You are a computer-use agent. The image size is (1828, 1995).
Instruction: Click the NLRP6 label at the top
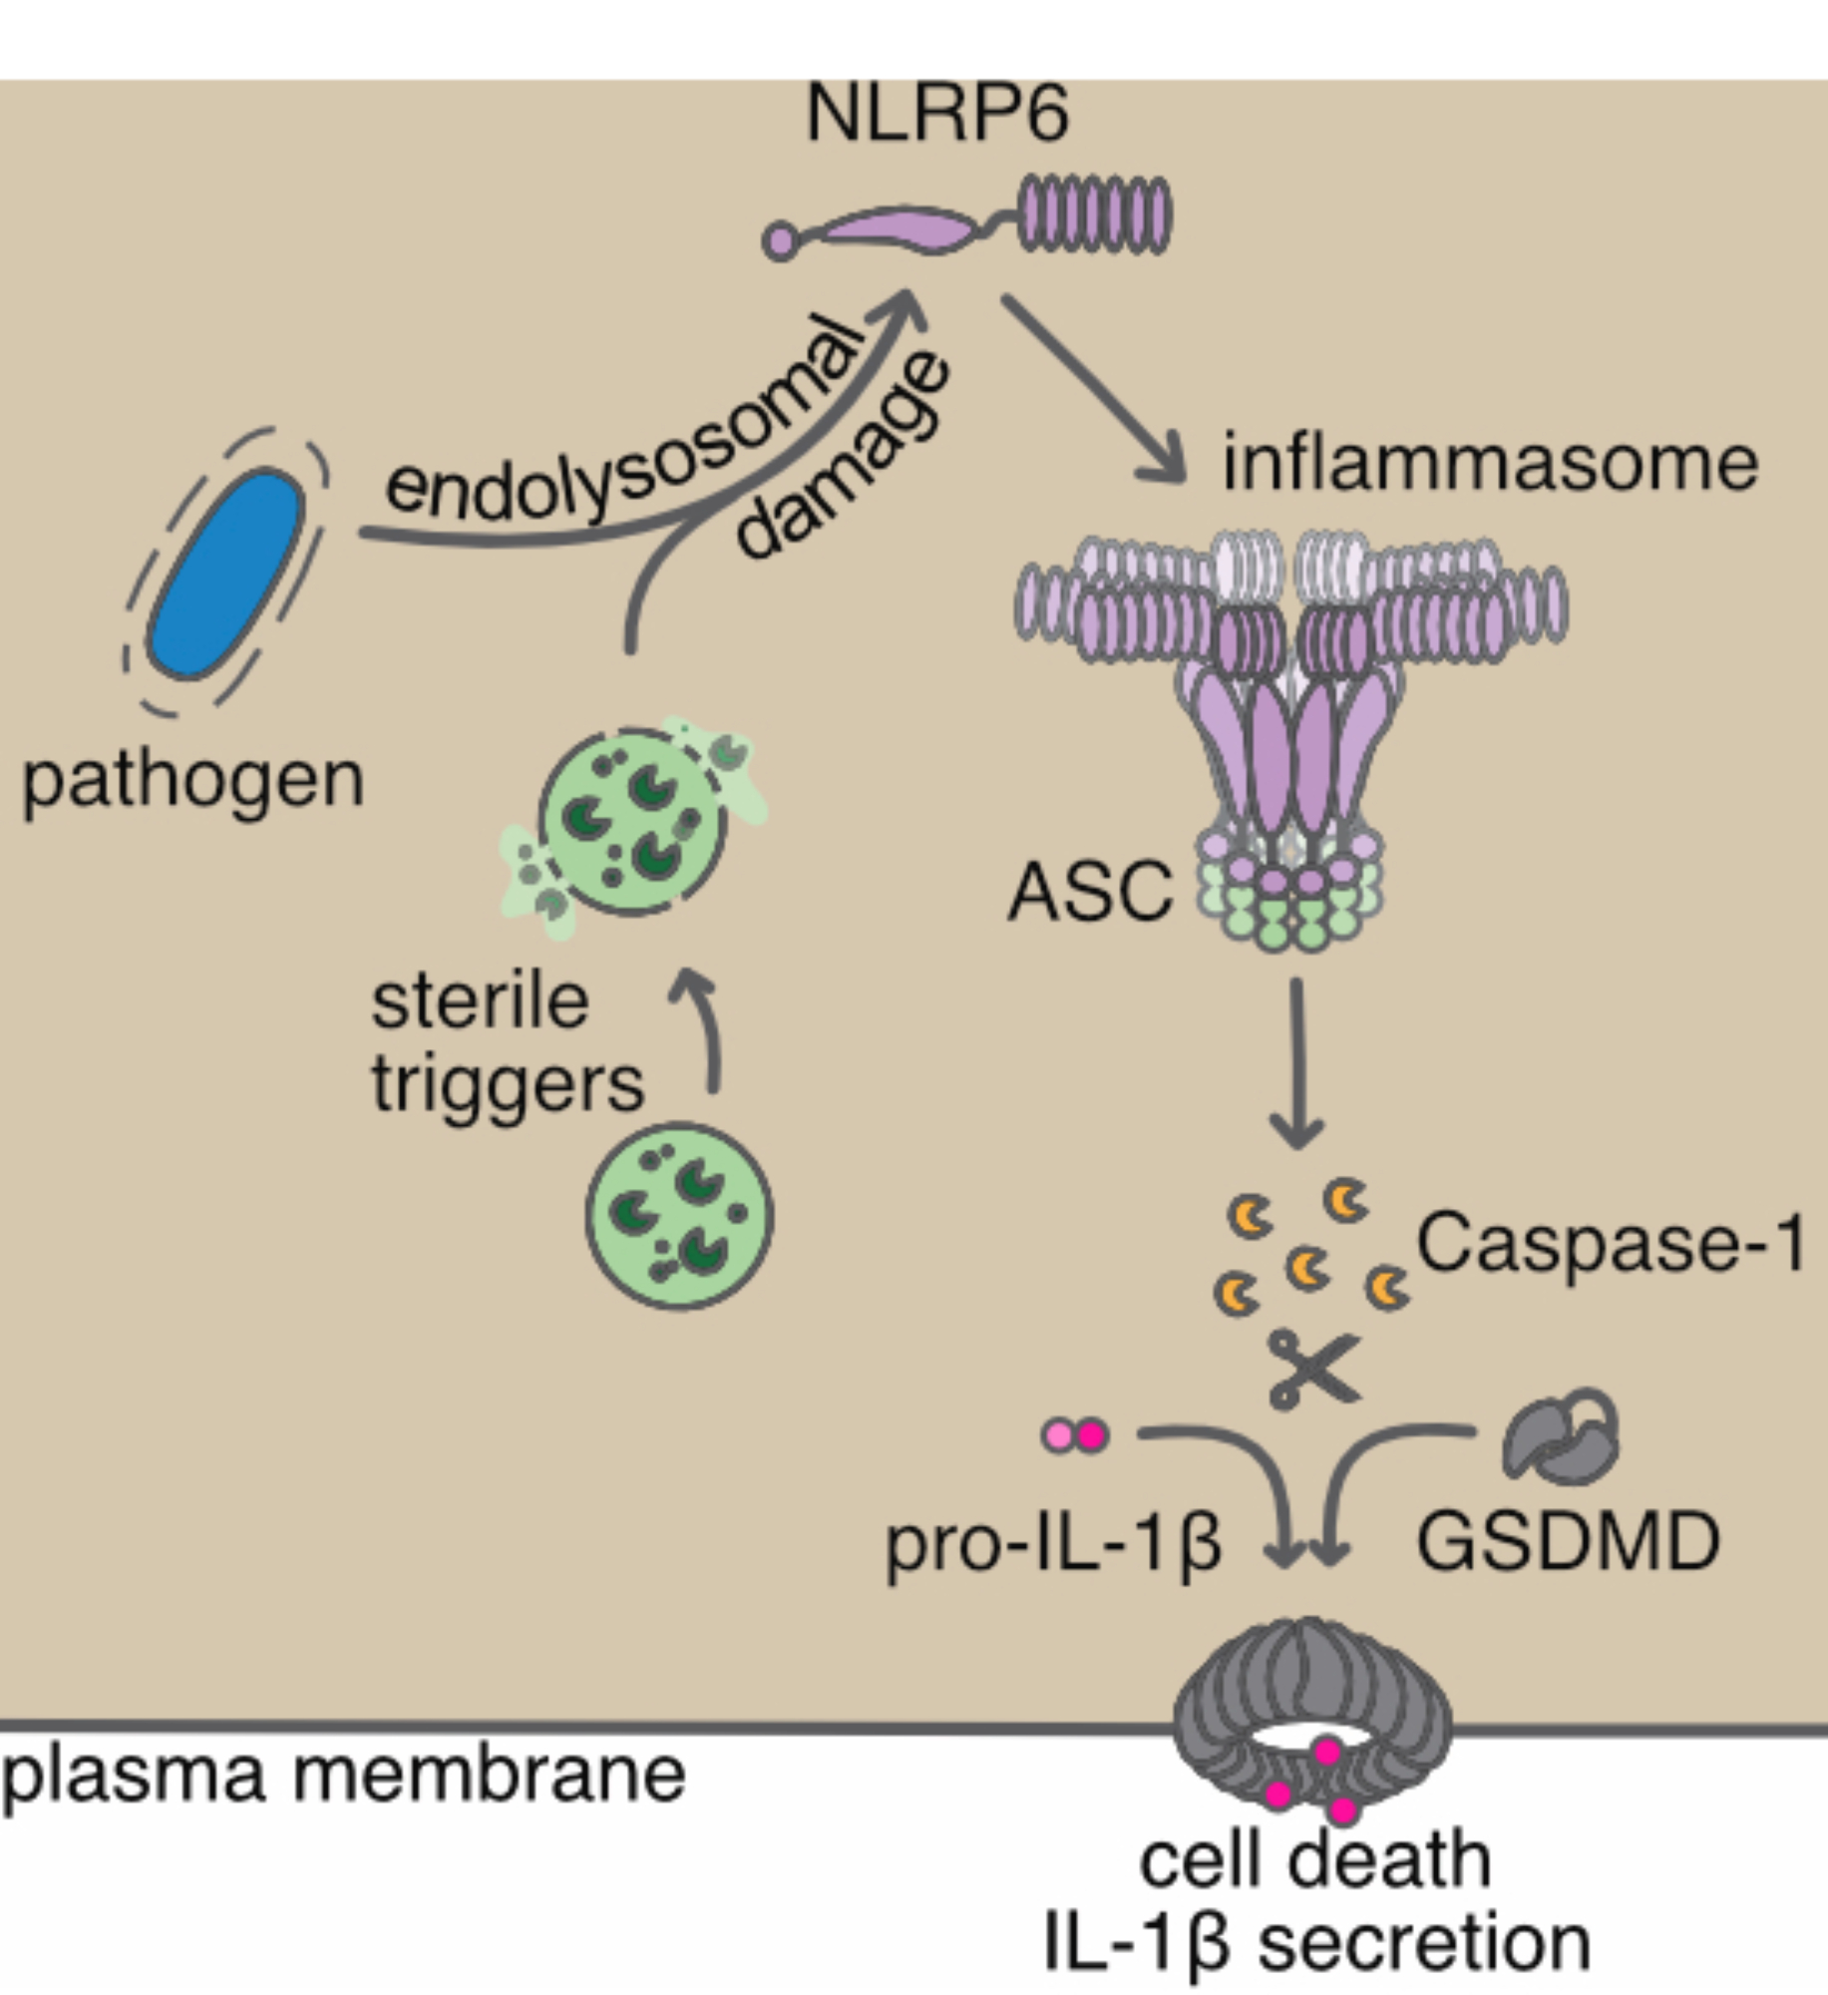[936, 115]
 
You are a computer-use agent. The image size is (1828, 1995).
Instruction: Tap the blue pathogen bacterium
[226, 576]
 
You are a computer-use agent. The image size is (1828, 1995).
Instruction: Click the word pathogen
[192, 781]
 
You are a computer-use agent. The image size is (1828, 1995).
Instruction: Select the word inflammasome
[1490, 464]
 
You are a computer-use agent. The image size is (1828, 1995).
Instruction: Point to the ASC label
[1090, 892]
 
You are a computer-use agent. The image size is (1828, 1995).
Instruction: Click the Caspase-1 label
[1610, 1244]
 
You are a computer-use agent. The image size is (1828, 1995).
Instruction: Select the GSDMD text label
[1568, 1542]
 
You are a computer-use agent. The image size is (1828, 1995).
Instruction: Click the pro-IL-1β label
[1052, 1544]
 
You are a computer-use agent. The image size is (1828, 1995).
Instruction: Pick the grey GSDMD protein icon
[1560, 1436]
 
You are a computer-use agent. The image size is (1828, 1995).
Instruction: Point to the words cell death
[1314, 1861]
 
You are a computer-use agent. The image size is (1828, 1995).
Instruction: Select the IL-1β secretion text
[1315, 1944]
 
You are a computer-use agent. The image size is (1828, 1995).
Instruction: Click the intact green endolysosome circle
[679, 1215]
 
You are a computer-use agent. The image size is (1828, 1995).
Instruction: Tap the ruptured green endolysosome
[632, 824]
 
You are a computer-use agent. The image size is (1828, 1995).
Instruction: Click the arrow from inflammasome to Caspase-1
[1296, 1062]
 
